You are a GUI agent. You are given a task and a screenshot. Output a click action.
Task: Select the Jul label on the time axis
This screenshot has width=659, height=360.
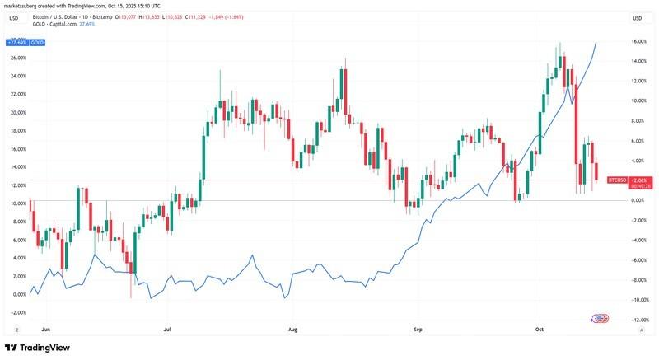(168, 329)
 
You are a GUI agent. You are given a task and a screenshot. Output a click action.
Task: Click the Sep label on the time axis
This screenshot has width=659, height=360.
(418, 329)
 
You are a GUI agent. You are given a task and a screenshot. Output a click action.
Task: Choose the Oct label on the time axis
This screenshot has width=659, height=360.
(540, 329)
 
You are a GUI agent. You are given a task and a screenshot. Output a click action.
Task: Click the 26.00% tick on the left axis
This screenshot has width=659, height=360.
(18, 58)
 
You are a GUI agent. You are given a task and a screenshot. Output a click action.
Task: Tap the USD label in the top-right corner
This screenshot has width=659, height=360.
(638, 17)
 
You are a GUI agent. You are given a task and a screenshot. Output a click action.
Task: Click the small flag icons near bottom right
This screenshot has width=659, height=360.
(600, 318)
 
